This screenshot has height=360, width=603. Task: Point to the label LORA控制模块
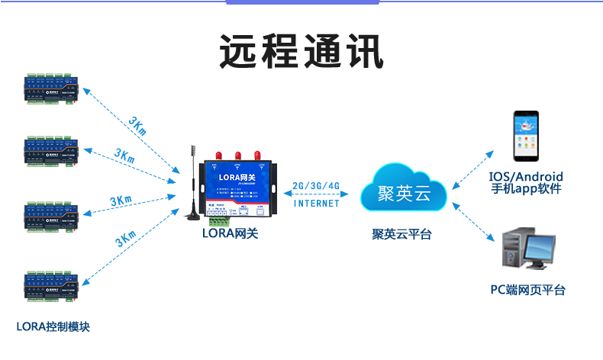pyautogui.click(x=53, y=326)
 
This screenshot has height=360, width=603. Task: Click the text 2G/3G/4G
pyautogui.click(x=316, y=187)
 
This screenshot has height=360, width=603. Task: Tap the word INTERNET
pyautogui.click(x=316, y=204)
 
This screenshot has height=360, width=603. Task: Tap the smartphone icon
pyautogui.click(x=526, y=137)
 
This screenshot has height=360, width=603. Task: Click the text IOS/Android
pyautogui.click(x=526, y=177)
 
